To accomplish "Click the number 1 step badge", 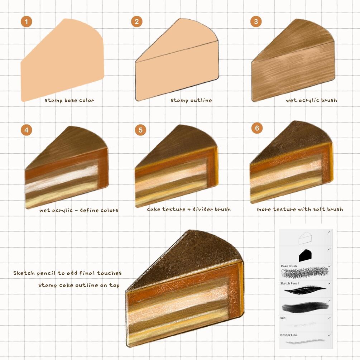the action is tap(27, 22).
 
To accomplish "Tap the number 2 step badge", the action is tap(136, 22).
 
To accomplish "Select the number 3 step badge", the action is tap(256, 22).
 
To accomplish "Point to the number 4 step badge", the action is tap(27, 130).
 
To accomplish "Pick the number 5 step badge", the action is tap(140, 130).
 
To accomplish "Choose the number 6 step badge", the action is tap(257, 128).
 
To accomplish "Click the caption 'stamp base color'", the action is tap(69, 100).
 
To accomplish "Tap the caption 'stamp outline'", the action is tap(191, 100).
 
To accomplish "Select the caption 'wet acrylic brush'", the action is tap(312, 100).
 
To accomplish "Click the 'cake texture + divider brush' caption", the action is tap(189, 209).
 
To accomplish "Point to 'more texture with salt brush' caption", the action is tap(300, 209).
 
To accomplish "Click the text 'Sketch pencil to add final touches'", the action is tap(67, 273).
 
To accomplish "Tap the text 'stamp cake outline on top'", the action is tap(79, 285).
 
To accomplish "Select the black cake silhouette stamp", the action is tap(305, 255).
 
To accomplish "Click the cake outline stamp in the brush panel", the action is tap(305, 238).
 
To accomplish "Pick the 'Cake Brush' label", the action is tap(289, 266).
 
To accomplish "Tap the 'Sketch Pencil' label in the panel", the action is tap(290, 283).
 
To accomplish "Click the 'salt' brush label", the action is tap(283, 318).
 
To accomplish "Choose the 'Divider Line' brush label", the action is tap(288, 335).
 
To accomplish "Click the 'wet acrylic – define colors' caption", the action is tap(79, 210).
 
